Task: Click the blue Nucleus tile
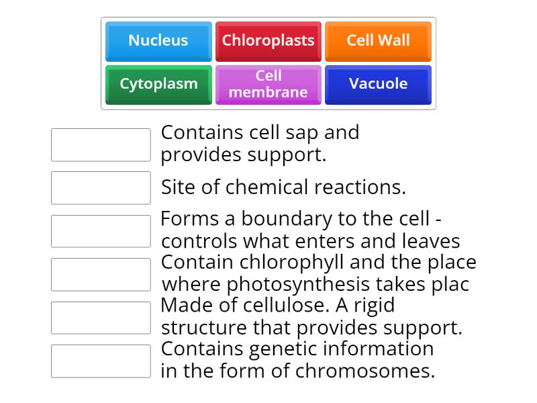tap(158, 41)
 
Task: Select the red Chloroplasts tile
tap(268, 41)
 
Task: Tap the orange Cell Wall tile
tap(378, 41)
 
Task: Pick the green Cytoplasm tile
tap(158, 84)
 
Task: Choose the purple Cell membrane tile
tap(268, 84)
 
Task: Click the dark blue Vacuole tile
tap(378, 84)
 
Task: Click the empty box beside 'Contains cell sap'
tap(101, 145)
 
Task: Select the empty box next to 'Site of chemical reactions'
tap(101, 188)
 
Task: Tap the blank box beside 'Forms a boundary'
tap(101, 231)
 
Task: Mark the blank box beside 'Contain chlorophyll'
tap(101, 274)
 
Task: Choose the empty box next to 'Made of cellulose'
tap(101, 318)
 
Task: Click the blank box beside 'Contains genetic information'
tap(101, 361)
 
